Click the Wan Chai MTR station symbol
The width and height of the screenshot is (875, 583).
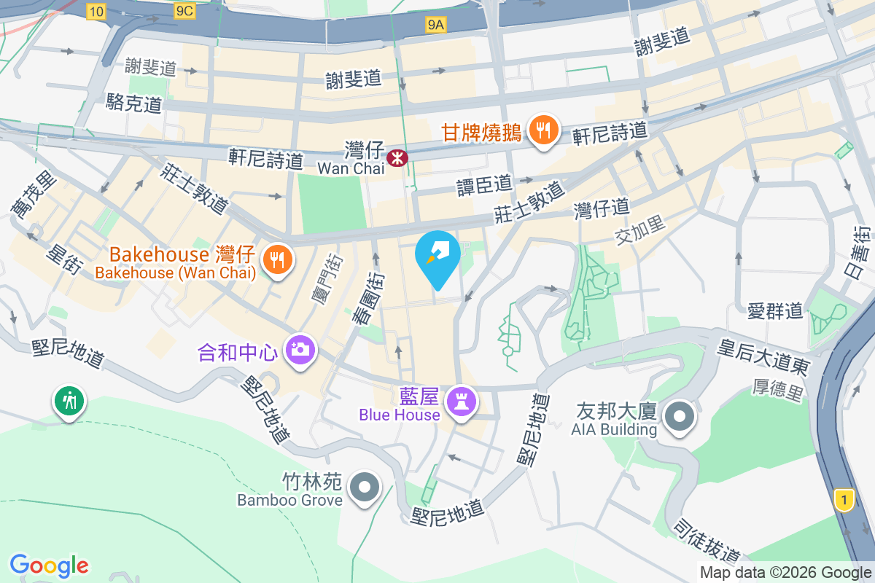point(397,157)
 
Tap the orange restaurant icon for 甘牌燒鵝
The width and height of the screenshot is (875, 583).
point(542,130)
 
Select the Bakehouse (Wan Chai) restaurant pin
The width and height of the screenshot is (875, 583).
point(277,259)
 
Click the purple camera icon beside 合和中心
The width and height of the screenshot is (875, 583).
point(299,350)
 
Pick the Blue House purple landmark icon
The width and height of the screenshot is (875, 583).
point(461,400)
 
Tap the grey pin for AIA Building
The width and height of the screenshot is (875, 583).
point(680,418)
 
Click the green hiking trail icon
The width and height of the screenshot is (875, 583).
point(69,402)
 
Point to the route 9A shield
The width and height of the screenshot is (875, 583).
point(435,26)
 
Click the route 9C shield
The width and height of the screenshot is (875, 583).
point(184,11)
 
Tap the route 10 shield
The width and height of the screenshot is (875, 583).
point(96,11)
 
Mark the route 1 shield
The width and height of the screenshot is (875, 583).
point(844,500)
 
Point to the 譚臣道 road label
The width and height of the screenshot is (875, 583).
point(485,185)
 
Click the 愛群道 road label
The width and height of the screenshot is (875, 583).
point(775,310)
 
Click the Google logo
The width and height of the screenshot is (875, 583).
point(50,565)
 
